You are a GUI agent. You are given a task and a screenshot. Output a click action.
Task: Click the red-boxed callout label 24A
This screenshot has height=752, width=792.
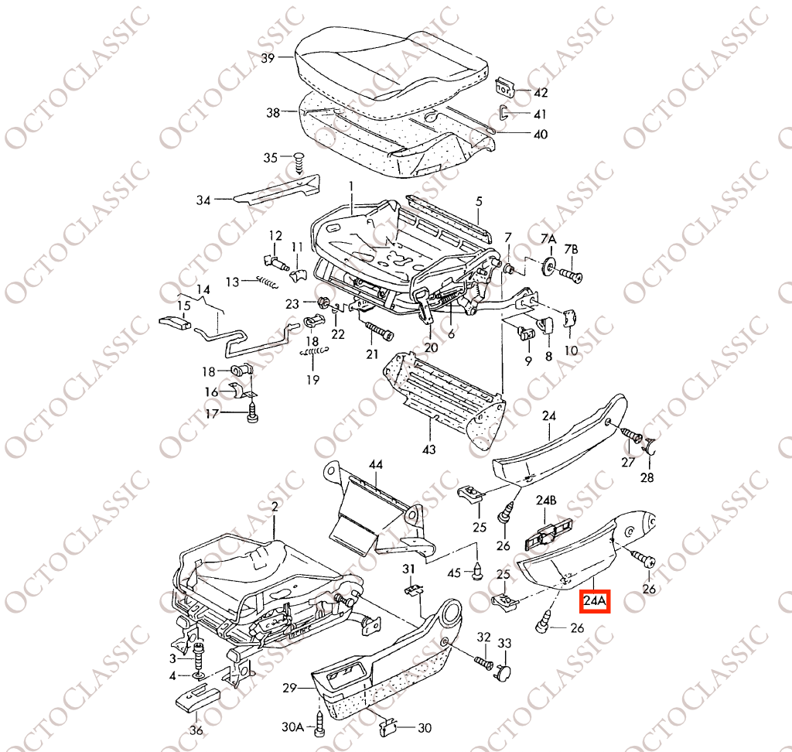(595, 601)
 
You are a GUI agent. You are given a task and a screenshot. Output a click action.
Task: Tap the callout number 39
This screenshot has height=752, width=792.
(268, 58)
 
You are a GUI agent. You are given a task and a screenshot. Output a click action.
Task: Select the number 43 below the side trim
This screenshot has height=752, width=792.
(428, 449)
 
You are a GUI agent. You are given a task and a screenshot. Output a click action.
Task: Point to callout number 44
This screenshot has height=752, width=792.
(376, 464)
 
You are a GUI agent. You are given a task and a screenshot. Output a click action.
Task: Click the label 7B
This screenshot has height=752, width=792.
(572, 249)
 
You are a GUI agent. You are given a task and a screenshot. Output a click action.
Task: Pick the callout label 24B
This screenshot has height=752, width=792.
(546, 501)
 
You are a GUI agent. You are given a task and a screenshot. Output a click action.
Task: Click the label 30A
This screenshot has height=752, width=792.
(292, 727)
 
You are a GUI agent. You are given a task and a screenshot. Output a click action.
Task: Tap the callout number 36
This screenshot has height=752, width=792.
(196, 730)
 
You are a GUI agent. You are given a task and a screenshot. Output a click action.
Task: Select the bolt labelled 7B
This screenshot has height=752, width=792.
(572, 275)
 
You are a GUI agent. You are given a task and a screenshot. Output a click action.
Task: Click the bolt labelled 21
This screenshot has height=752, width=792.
(379, 331)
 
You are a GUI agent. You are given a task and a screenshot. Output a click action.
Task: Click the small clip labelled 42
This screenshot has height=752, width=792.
(505, 87)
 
